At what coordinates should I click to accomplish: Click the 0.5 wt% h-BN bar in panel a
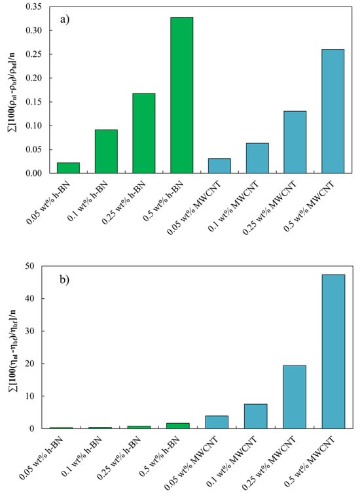click(x=182, y=95)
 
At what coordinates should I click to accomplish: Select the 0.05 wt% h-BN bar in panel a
click(x=68, y=168)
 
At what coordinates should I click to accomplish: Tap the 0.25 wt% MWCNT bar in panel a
click(x=295, y=142)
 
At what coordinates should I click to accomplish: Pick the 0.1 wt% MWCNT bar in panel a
click(x=257, y=158)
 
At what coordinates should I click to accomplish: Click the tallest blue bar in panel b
click(x=333, y=352)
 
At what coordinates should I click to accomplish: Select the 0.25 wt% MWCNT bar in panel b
click(x=295, y=397)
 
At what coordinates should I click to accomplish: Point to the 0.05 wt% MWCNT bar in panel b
click(x=217, y=422)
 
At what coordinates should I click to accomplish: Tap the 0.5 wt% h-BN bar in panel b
click(x=178, y=426)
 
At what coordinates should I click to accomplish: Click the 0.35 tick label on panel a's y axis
click(x=33, y=7)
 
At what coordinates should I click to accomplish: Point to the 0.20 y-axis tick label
click(x=33, y=78)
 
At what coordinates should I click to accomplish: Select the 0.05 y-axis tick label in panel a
click(x=33, y=149)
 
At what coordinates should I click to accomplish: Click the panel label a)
click(x=64, y=20)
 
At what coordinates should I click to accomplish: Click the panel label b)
click(x=64, y=280)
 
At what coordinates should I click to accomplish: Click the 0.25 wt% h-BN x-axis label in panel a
click(x=124, y=202)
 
